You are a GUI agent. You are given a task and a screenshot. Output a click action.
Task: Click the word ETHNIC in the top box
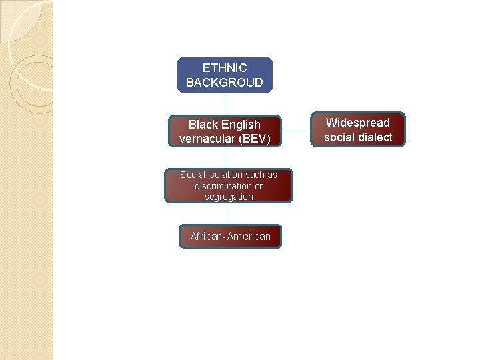pyautogui.click(x=225, y=68)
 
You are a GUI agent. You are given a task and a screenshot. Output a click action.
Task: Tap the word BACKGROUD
pyautogui.click(x=225, y=83)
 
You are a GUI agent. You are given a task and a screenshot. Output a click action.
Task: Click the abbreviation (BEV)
pyautogui.click(x=254, y=139)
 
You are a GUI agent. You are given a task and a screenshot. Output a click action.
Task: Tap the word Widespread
pyautogui.click(x=357, y=123)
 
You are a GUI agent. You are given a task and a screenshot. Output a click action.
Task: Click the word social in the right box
pyautogui.click(x=340, y=137)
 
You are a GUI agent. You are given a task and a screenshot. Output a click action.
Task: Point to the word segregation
pyautogui.click(x=229, y=197)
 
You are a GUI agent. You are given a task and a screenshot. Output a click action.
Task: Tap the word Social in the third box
pyautogui.click(x=193, y=175)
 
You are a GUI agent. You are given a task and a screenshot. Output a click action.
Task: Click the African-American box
pyautogui.click(x=230, y=236)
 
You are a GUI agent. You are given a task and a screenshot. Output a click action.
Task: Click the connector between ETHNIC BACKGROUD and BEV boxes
pyautogui.click(x=225, y=104)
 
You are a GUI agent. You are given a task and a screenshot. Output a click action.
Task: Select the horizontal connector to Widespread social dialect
pyautogui.click(x=296, y=131)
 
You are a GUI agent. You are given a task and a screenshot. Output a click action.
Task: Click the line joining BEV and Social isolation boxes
pyautogui.click(x=225, y=157)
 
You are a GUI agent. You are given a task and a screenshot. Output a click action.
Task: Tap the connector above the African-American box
pyautogui.click(x=229, y=213)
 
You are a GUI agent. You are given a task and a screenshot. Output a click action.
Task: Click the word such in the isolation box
pyautogui.click(x=256, y=175)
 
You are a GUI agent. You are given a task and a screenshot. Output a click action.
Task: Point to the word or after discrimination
pyautogui.click(x=259, y=186)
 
